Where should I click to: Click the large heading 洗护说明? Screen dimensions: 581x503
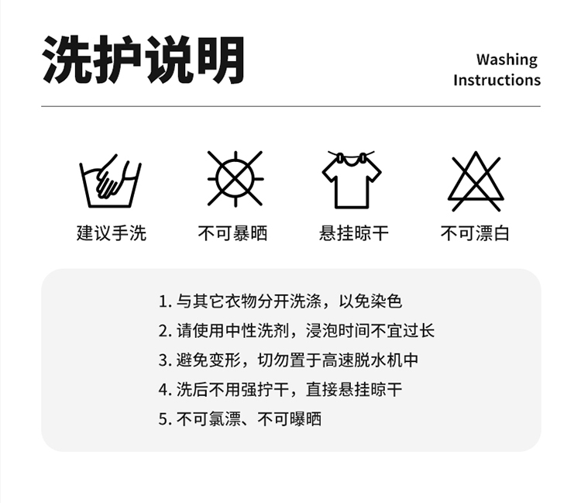tap(143, 60)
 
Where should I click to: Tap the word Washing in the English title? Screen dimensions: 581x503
tap(507, 60)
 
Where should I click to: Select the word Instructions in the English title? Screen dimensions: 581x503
tap(497, 80)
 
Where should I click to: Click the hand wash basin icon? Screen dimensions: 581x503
tap(111, 181)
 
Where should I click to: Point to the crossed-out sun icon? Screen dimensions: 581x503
tap(235, 179)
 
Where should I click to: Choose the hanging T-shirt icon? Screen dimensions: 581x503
tap(352, 179)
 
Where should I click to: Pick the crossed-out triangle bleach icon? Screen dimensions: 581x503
tap(476, 181)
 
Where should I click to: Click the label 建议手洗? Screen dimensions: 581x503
tap(111, 233)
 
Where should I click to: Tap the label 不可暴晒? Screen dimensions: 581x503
tap(232, 233)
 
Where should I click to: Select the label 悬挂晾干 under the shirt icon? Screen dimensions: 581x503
tap(354, 233)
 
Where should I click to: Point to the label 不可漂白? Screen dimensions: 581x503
tap(475, 233)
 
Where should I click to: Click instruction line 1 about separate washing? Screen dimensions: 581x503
tap(280, 301)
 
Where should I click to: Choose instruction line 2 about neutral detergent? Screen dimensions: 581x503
tap(297, 331)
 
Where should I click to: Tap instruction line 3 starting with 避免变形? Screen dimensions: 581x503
tap(288, 360)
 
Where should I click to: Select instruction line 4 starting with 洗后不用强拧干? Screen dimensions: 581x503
tap(280, 390)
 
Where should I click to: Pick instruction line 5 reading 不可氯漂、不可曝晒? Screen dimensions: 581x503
tap(239, 419)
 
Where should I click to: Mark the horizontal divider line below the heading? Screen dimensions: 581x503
tap(290, 106)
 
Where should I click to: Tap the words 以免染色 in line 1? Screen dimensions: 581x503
tap(370, 301)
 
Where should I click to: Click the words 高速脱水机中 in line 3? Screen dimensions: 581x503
tap(370, 360)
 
